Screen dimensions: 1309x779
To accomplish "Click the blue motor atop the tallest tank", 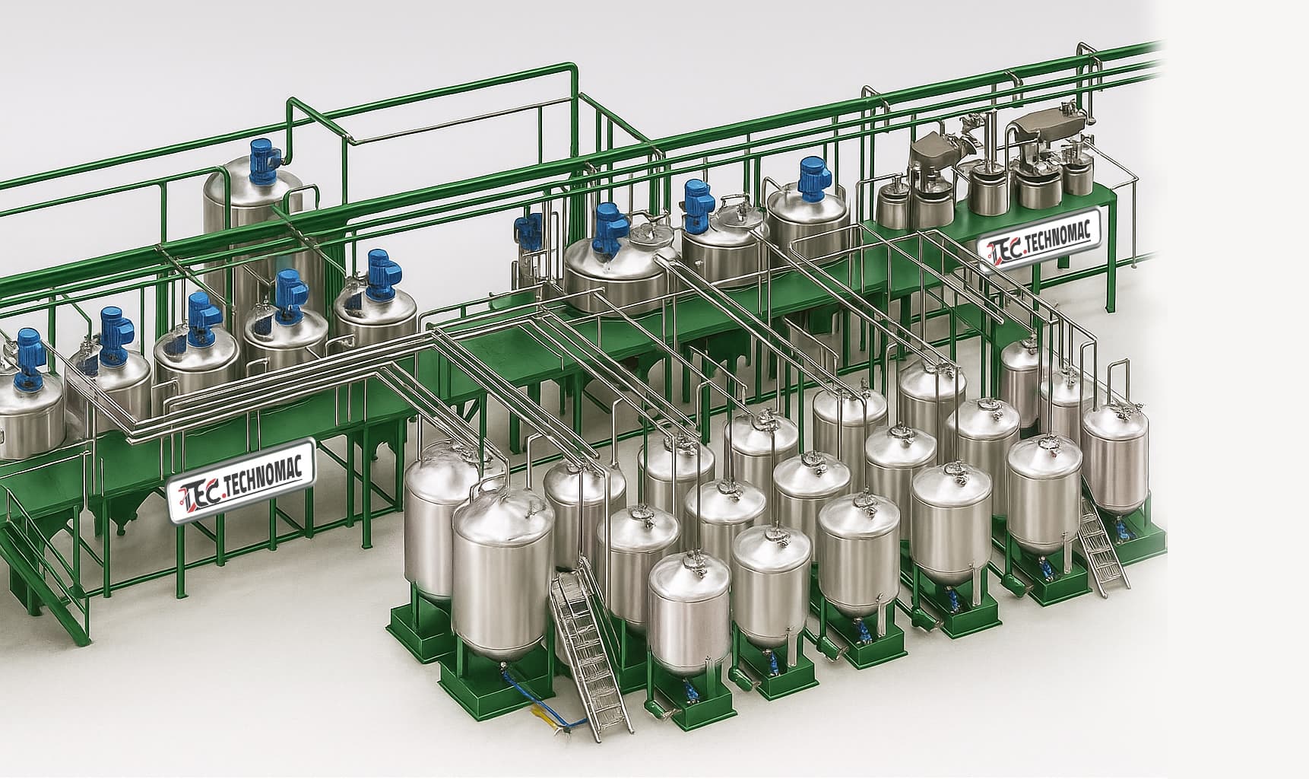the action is pyautogui.click(x=264, y=160).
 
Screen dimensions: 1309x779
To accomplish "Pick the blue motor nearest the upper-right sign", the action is pyautogui.click(x=813, y=180).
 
